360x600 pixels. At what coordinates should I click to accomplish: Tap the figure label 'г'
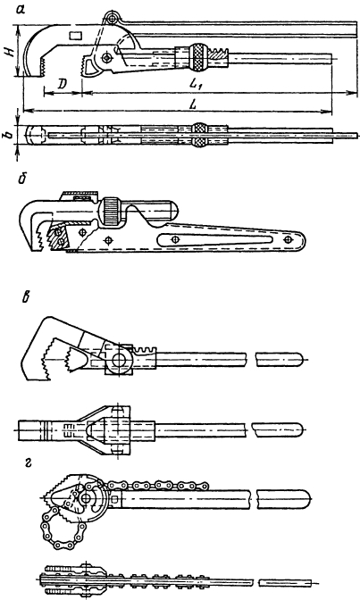(x=27, y=464)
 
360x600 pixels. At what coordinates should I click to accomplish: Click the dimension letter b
(x=11, y=134)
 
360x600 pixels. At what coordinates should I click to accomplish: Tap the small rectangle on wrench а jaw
(x=75, y=35)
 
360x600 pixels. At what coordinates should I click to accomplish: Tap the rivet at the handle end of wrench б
(x=288, y=239)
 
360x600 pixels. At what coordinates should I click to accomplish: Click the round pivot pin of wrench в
(x=119, y=361)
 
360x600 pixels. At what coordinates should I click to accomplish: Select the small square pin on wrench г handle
(x=115, y=498)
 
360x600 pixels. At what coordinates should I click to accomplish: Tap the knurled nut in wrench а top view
(x=198, y=135)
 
